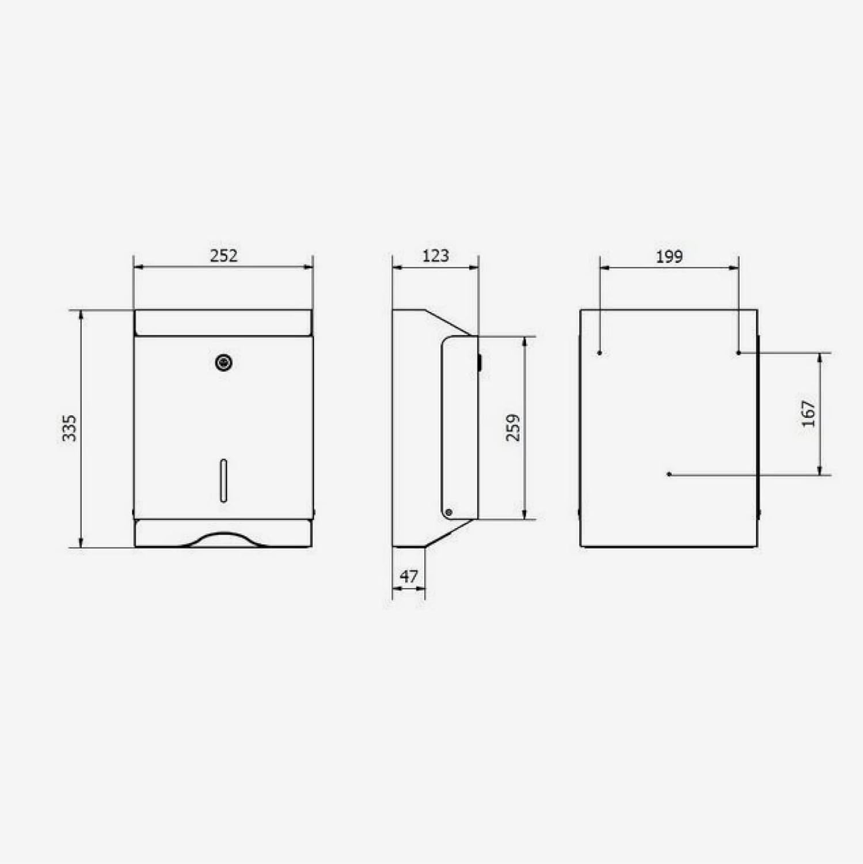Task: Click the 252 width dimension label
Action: tap(223, 255)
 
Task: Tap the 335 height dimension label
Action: tap(69, 428)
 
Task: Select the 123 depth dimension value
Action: tap(435, 255)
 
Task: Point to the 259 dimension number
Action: tap(512, 427)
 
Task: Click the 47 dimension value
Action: tap(408, 576)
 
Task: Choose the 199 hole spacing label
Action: tap(669, 256)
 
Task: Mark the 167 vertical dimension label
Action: tap(808, 414)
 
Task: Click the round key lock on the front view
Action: tap(223, 362)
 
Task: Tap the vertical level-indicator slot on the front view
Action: tap(223, 480)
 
